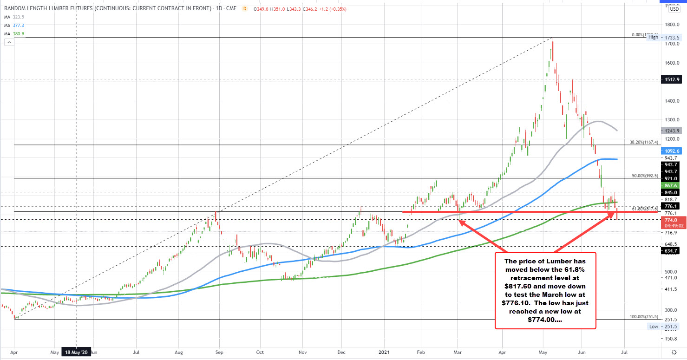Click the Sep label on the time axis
coord(220,353)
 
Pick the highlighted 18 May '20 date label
coord(77,353)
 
